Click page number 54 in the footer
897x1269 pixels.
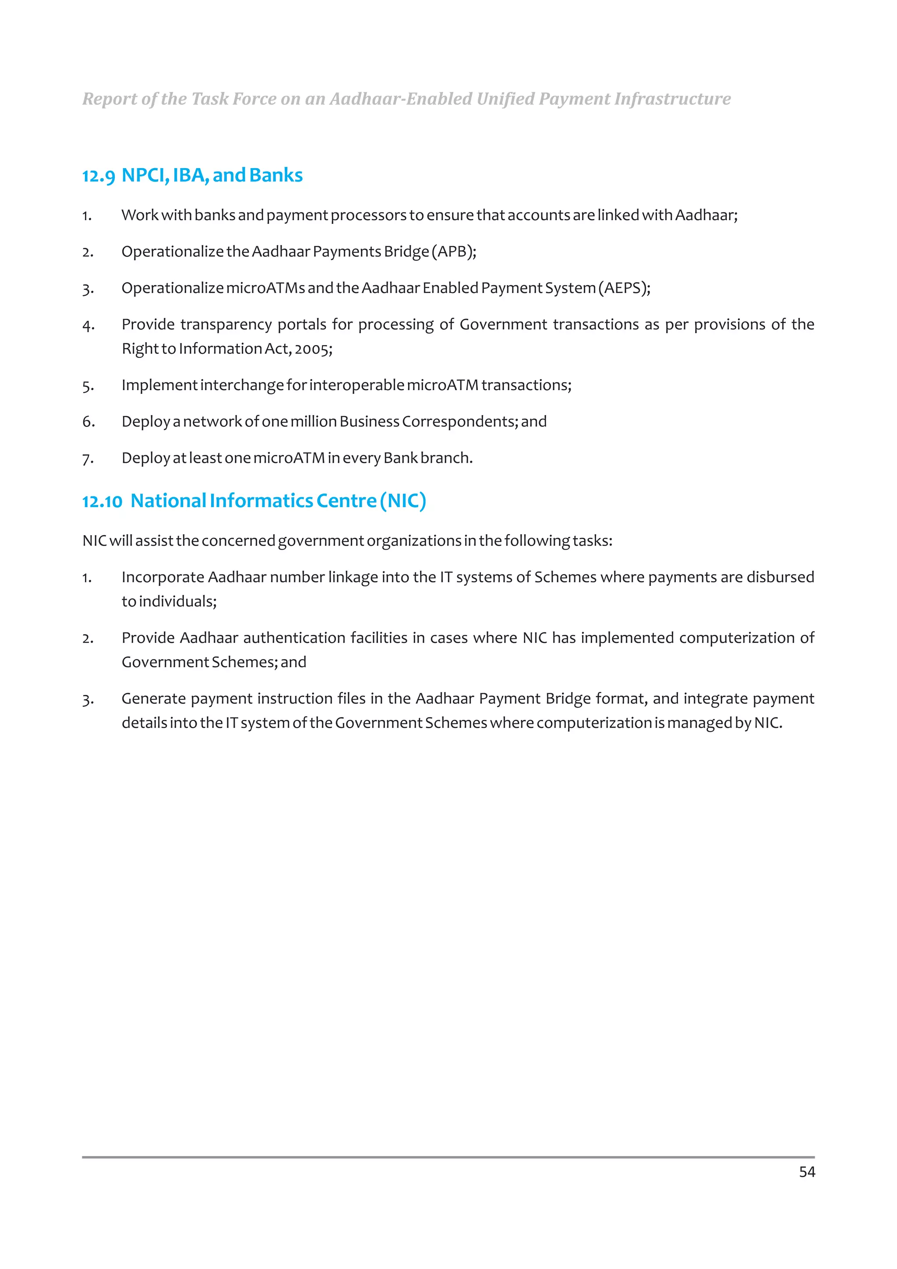806,1172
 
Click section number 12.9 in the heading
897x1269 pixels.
99,176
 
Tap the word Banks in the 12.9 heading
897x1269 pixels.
276,175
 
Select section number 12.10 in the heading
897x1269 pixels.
102,501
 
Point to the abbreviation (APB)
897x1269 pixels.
453,251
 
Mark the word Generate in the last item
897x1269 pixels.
153,698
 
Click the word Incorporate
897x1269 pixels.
162,577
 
